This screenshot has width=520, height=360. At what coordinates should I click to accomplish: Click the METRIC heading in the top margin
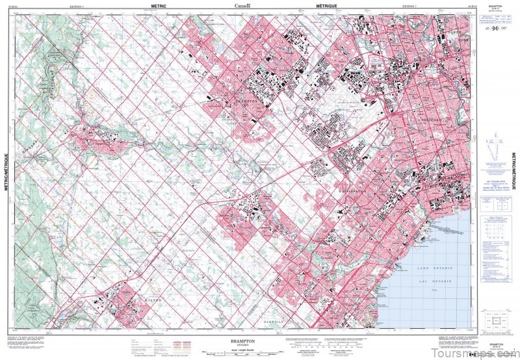point(159,5)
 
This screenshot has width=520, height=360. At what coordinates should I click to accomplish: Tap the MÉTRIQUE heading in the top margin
point(330,5)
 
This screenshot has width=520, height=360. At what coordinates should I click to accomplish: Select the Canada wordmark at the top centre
point(244,5)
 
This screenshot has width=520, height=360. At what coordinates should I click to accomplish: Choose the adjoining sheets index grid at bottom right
point(498,323)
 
